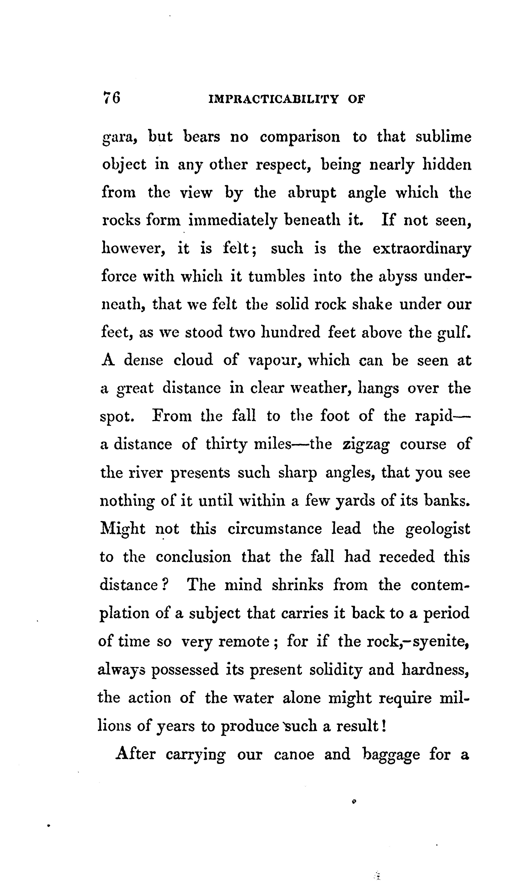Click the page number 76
click(x=111, y=98)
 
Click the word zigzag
click(x=366, y=445)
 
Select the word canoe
click(x=294, y=754)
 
